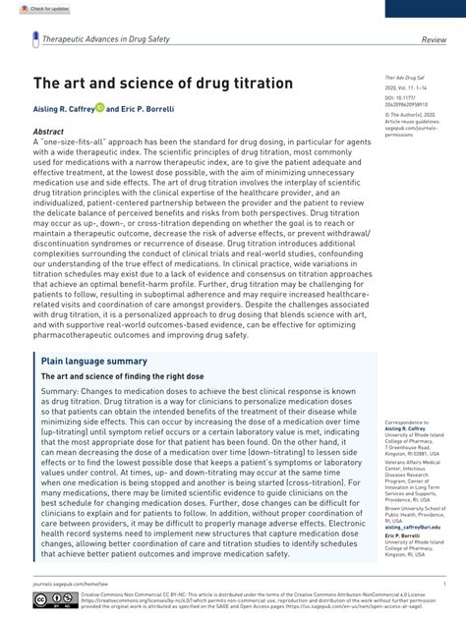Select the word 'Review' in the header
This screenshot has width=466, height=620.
pos(434,39)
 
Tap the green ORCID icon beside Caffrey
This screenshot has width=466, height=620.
pos(99,109)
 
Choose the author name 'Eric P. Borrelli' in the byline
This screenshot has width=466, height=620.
pos(149,109)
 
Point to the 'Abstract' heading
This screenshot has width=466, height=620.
pos(48,131)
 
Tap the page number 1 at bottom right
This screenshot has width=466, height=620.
pos(443,583)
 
